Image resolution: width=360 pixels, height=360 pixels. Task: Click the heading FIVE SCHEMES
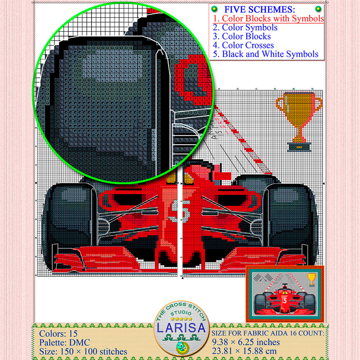tap(264, 9)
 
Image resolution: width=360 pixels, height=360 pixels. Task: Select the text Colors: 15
tap(58, 333)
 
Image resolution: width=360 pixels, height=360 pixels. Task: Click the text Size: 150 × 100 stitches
tap(83, 351)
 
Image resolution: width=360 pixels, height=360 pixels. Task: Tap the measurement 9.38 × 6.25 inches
tap(246, 342)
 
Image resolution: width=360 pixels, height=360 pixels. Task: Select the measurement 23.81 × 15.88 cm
tap(247, 351)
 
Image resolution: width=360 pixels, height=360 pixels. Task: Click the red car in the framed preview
tap(285, 301)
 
